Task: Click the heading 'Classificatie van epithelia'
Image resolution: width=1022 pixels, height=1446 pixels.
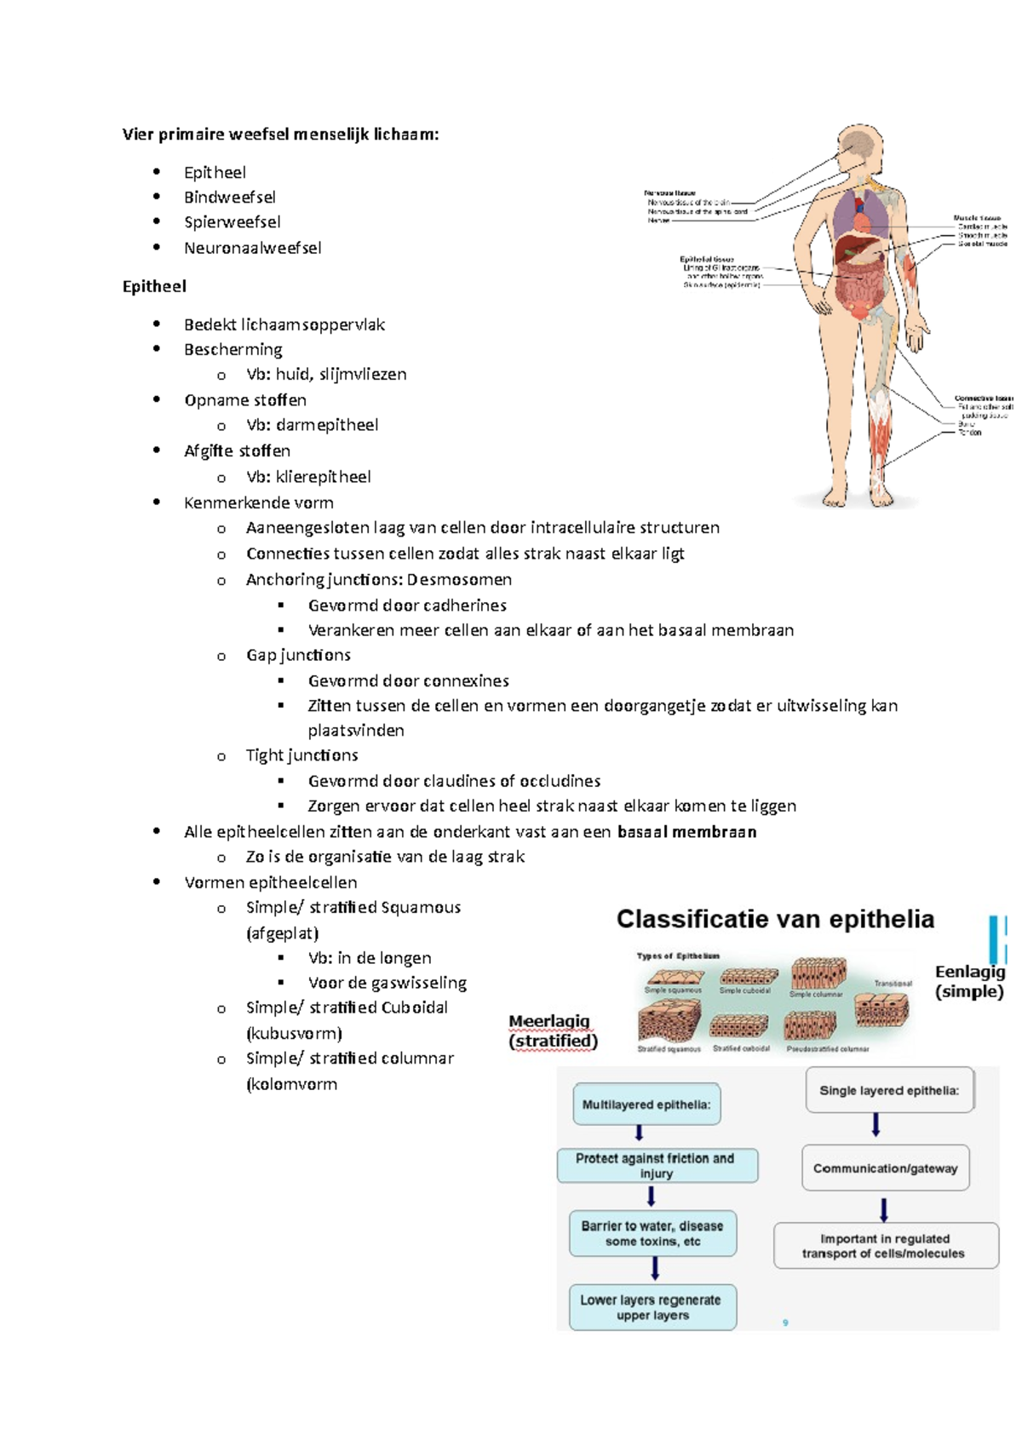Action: [775, 920]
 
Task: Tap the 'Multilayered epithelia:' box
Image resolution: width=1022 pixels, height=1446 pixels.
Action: [646, 1105]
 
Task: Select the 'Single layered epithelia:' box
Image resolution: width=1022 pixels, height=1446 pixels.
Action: [889, 1090]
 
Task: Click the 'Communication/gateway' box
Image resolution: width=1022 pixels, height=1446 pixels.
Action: [885, 1168]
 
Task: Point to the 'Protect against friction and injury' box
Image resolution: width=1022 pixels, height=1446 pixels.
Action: [656, 1166]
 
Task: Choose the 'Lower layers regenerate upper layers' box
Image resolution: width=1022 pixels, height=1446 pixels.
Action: [652, 1307]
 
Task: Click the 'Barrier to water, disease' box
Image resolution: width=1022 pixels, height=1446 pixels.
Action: [652, 1233]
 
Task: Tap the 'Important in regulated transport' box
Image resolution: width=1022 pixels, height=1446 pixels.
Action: [884, 1246]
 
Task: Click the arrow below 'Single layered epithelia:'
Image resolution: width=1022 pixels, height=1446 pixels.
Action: [876, 1126]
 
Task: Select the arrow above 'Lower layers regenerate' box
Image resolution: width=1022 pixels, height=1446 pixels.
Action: [654, 1269]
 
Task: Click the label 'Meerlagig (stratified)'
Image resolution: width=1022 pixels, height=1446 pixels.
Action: [553, 1030]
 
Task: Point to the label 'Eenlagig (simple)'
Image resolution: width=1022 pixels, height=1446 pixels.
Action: [970, 981]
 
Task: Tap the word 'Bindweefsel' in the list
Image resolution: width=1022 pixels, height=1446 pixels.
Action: [230, 198]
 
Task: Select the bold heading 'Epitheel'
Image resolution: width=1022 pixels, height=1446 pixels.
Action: [154, 286]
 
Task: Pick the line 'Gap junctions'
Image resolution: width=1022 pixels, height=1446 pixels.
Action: [298, 655]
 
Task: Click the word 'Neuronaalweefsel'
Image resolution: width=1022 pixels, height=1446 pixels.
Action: [253, 248]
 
